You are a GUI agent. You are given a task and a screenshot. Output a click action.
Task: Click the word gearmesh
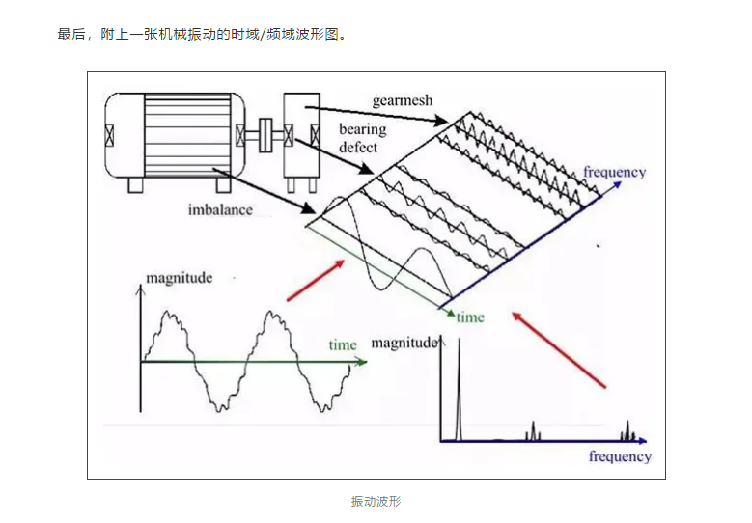point(402,100)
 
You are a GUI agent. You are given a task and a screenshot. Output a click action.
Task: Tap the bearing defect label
point(361,138)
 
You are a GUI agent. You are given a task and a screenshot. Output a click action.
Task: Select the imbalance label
point(222,208)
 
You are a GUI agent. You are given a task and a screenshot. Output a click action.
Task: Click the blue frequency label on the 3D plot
point(614,173)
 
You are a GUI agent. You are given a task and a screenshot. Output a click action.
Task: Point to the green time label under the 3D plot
point(470,317)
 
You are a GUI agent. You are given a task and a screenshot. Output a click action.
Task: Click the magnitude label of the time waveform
point(179,278)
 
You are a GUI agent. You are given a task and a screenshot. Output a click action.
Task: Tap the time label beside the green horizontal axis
point(342,344)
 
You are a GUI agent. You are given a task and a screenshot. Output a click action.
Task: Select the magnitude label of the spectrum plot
point(404,343)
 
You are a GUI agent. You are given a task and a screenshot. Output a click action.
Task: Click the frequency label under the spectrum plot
point(619,456)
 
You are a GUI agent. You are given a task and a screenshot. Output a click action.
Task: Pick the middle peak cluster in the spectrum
point(531,430)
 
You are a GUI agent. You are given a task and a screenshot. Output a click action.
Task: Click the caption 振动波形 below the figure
point(376,502)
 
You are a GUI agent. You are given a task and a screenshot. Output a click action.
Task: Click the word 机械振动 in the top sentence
point(191,35)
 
